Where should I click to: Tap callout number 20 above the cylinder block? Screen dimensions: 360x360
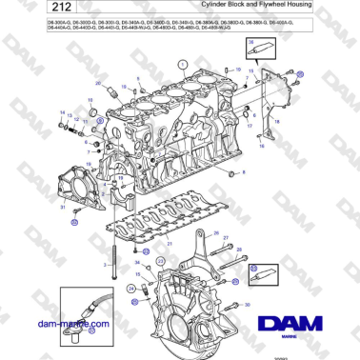click(97, 85)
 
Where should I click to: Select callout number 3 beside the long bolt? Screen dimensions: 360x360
click(104, 264)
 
